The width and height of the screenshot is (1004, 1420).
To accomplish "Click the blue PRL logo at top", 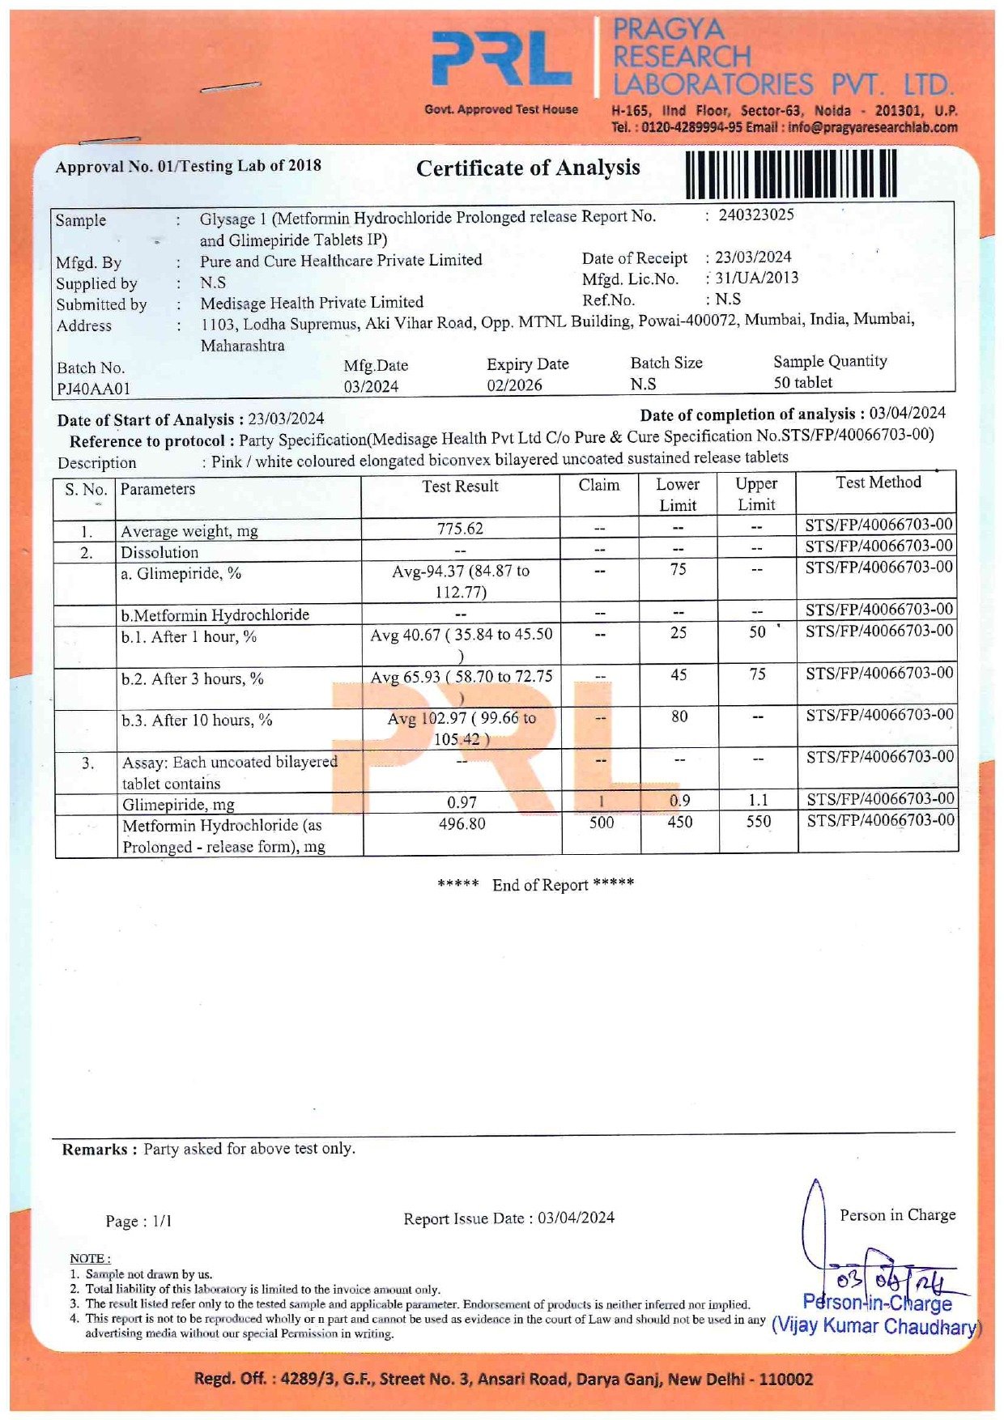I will click(x=502, y=58).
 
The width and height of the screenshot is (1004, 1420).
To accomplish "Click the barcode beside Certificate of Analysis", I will click(x=790, y=173).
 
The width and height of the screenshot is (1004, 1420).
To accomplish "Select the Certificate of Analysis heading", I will click(x=528, y=168).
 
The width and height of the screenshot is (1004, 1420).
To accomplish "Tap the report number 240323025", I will click(x=756, y=215).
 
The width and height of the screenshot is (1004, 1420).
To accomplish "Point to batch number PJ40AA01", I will click(x=93, y=389).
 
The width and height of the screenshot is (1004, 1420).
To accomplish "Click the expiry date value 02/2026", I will click(x=514, y=385).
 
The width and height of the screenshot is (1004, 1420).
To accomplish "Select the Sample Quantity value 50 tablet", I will click(x=802, y=382).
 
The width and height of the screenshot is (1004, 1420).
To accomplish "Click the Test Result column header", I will click(x=460, y=487).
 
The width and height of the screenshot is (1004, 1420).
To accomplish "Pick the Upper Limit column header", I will click(x=756, y=494).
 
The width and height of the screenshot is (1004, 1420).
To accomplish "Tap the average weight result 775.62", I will click(x=460, y=529).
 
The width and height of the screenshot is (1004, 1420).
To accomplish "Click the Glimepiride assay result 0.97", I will click(x=462, y=802).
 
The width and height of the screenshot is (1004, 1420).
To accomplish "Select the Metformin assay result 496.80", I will click(x=462, y=823).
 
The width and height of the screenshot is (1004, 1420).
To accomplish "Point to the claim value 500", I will click(x=601, y=823).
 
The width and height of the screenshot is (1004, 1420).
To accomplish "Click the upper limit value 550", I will click(x=758, y=822).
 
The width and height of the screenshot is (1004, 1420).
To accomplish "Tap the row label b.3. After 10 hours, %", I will click(x=197, y=720).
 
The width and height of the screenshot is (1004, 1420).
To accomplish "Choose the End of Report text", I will click(x=536, y=885).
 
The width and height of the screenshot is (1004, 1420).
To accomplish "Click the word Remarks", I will click(x=95, y=1150).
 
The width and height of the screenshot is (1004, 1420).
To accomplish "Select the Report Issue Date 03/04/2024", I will click(x=576, y=1218).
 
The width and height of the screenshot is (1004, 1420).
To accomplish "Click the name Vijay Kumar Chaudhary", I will click(x=875, y=1327).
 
